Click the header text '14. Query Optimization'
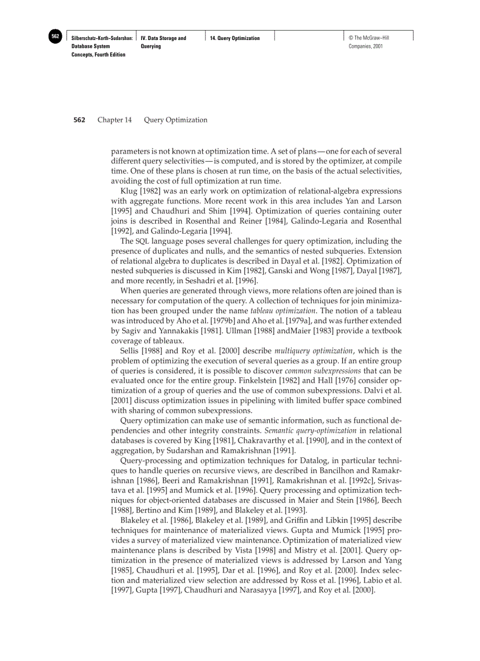[x=235, y=38]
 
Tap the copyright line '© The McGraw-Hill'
[x=368, y=38]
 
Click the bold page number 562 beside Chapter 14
[x=79, y=120]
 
